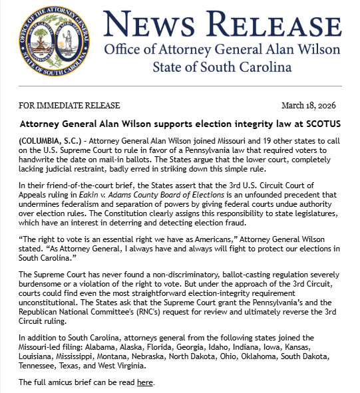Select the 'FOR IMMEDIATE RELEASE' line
69,106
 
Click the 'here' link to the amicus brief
144,382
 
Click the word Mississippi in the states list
79,356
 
